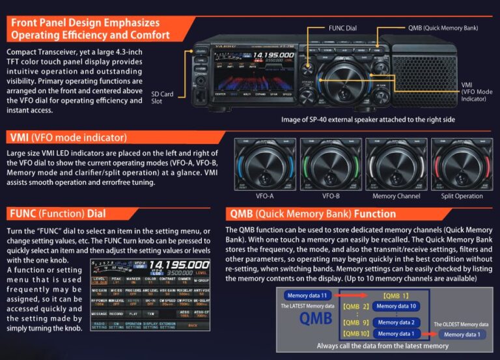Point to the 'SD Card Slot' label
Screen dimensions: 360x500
pos(162,98)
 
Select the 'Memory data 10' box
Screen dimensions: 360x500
pos(396,306)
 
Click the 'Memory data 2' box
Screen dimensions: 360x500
pos(397,322)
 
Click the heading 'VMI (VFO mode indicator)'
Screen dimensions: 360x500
pos(68,137)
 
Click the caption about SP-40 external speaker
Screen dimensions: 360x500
pos(368,119)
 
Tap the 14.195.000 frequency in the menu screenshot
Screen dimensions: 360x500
pos(178,265)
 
